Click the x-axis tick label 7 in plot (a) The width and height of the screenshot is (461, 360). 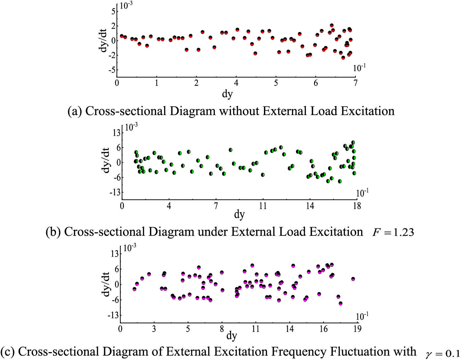coord(356,83)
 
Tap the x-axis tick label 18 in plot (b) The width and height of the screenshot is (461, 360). coord(357,206)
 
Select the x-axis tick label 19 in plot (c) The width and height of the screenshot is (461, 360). coord(357,329)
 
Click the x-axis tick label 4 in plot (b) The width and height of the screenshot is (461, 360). coord(169,206)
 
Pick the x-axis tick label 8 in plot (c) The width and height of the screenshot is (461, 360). coord(222,329)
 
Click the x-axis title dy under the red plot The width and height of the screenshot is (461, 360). coord(227,94)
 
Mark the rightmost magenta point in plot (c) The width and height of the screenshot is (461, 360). coord(353,279)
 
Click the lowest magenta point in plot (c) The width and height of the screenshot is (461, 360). coord(340,303)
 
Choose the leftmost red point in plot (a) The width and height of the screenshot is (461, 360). coord(122,36)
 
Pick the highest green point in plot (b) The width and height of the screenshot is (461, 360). coord(353,143)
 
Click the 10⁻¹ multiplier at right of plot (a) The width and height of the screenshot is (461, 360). coord(359,68)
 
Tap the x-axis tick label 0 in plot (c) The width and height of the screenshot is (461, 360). coord(120,329)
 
